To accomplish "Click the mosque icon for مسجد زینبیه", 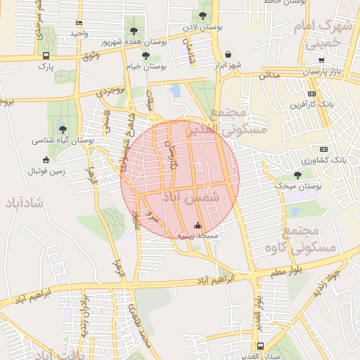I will (198, 226).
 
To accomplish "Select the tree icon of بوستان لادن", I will (203, 15).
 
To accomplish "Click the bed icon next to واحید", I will (78, 22).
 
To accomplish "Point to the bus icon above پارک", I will (46, 56).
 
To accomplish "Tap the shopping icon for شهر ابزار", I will (229, 54).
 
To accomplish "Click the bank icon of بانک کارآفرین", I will (311, 94).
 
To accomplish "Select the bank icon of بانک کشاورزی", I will (323, 149).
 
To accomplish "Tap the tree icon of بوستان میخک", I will (297, 175).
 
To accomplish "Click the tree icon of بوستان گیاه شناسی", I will (63, 129).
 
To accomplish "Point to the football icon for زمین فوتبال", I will (46, 159).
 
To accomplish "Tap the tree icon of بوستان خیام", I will (146, 55).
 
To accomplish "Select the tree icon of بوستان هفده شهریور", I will (134, 30).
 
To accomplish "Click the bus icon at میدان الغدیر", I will (261, 346).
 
